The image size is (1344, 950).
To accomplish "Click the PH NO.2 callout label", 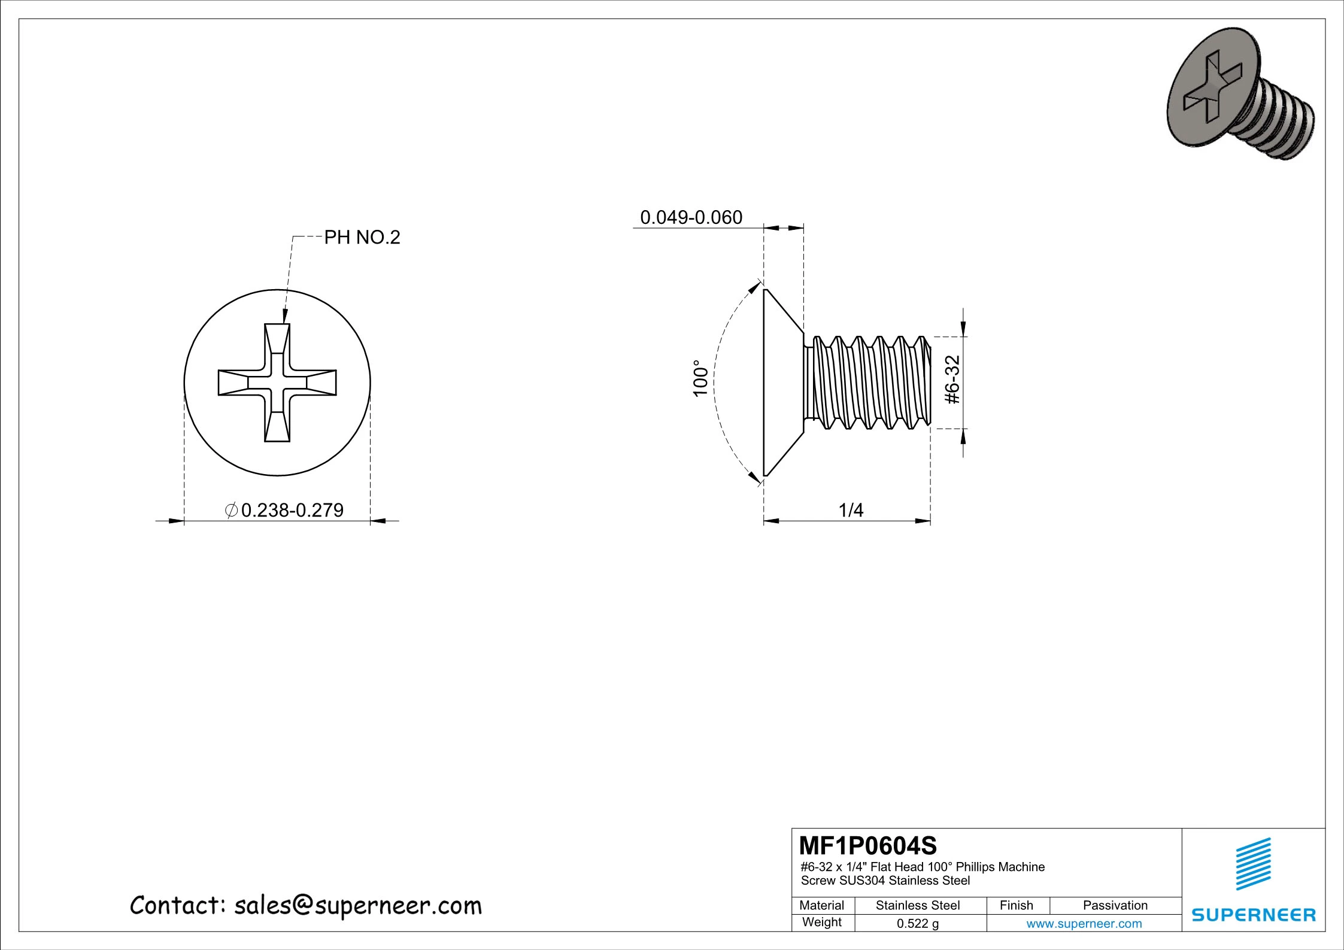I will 362,238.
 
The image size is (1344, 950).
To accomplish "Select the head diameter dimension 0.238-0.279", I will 292,510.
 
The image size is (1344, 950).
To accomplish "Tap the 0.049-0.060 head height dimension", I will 691,217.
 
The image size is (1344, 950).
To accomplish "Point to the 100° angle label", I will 700,378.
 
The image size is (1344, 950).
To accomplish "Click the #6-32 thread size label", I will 952,380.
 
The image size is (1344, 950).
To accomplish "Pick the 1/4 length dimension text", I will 851,510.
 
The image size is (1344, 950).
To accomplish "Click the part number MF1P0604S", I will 868,846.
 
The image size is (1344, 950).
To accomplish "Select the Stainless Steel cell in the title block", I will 917,906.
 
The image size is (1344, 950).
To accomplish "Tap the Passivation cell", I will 1115,906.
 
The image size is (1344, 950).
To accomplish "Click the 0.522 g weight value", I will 917,924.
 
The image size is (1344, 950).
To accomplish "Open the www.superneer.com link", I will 1084,924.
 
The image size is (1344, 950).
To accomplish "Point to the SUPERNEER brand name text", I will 1254,915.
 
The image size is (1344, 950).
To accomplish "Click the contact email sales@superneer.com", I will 357,906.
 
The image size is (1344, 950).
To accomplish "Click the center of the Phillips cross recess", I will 277,383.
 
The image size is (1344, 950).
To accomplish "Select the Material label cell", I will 821,906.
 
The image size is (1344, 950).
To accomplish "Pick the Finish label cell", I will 1016,906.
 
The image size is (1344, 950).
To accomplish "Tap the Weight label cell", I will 821,922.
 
